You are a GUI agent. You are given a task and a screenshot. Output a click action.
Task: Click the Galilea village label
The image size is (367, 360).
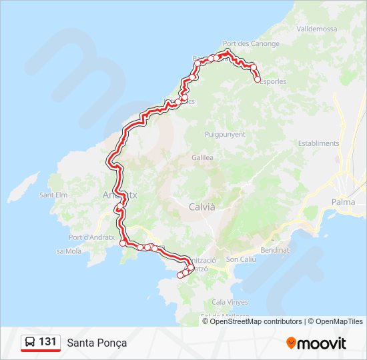[202, 158]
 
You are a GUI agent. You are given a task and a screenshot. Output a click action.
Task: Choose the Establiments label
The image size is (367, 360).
[319, 143]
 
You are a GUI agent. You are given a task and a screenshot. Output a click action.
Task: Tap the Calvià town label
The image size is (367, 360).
[202, 207]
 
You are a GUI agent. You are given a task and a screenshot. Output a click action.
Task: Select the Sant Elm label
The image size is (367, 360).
[53, 195]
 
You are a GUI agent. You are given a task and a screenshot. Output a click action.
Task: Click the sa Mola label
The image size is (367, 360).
[69, 251]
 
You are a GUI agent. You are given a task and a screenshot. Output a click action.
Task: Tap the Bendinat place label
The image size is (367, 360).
[276, 250]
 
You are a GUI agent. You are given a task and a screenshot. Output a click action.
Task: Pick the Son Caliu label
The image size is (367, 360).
[240, 259]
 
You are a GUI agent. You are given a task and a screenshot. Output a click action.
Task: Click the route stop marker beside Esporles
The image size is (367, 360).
[258, 79]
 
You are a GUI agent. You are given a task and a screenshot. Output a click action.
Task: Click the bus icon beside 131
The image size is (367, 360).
[30, 343]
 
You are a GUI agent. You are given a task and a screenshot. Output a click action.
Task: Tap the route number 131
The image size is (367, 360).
[47, 342]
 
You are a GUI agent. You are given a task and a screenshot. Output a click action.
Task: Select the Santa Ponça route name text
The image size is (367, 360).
[97, 343]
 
